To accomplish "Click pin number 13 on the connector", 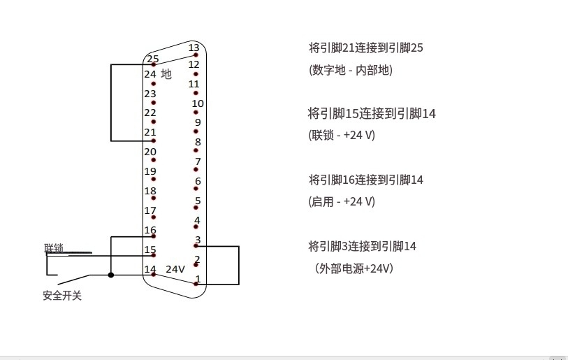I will pos(194,48).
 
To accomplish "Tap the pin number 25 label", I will pos(153,59).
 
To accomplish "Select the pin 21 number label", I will pos(150,132).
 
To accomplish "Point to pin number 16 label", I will pos(150,230).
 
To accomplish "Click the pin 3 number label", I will pos(198,240).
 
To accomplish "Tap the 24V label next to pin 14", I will pos(175,269).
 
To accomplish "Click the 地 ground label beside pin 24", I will pos(166,74).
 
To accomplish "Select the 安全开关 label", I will pos(62,296).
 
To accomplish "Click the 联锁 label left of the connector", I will pos(54,248).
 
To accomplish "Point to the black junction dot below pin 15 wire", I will pos(111,275).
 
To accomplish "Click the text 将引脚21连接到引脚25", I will pos(366,48).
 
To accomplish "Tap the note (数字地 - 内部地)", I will pos(350,70).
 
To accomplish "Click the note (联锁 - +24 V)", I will pos(342,135).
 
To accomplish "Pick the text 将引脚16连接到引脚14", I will pos(366,180).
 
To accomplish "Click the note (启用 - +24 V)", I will pos(342,201).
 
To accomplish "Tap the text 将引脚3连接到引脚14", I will pos(363,246).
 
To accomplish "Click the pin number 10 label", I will pos(198,103).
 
